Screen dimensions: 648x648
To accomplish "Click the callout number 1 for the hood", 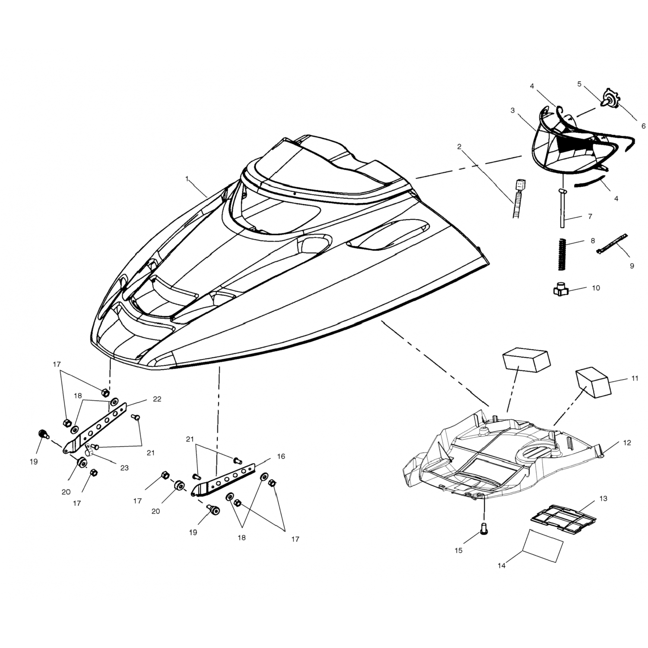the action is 187,178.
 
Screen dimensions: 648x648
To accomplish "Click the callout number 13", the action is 603,499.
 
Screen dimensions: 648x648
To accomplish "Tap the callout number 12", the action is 627,443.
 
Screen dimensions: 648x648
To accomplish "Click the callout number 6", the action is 643,126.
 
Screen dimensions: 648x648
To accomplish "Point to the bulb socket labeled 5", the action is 609,100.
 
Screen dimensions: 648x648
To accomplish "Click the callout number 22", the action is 157,399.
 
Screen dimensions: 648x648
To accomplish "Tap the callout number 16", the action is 281,456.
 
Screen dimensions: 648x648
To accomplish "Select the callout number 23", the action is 124,468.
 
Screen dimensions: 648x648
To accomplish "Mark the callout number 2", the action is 459,147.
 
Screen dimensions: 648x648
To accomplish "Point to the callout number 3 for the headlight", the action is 512,111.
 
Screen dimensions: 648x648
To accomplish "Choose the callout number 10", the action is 596,288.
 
